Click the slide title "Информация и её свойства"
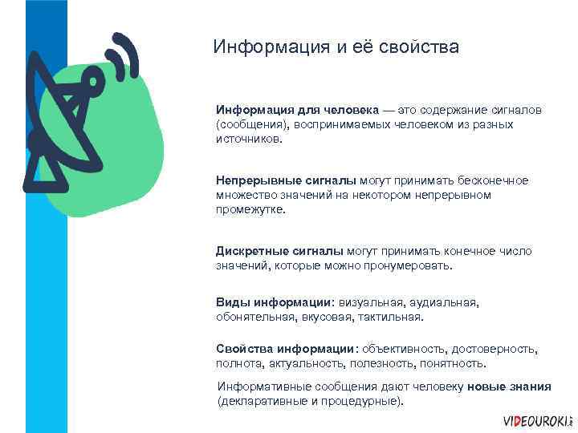336,47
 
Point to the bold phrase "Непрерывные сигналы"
287,180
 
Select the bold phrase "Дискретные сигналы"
279,251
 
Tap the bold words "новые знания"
509,386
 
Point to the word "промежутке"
250,209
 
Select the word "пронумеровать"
412,265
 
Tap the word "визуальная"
370,303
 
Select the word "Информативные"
266,386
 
